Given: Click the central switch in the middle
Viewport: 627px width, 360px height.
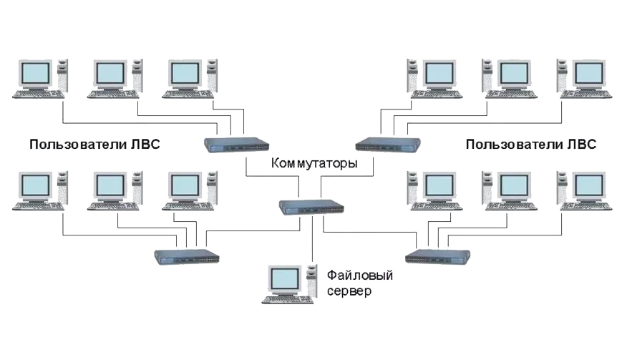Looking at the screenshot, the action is [311, 208].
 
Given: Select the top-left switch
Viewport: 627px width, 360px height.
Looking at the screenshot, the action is [236, 145].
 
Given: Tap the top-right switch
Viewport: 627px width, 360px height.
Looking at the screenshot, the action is [388, 145].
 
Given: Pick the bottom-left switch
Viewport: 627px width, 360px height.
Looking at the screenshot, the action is [187, 257].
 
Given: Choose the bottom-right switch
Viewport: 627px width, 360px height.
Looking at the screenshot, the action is [437, 256].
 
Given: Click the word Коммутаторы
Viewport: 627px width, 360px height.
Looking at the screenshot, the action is [314, 164].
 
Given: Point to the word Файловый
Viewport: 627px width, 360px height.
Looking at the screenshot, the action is [360, 276].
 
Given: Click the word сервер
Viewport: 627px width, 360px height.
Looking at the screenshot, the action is [349, 291].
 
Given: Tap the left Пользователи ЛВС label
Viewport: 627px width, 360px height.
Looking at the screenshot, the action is [94, 144].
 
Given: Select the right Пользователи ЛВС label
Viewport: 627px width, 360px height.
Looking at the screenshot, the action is [531, 144].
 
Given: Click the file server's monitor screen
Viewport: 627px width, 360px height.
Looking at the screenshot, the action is [285, 279].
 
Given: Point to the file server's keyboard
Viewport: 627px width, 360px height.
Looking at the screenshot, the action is [288, 300].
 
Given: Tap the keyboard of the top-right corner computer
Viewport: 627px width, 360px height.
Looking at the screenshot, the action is [585, 94].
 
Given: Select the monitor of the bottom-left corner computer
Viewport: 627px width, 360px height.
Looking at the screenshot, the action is [36, 187].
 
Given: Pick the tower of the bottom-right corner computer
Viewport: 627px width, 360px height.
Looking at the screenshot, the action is [563, 188].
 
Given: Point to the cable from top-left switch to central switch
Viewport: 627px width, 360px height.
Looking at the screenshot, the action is [272, 175].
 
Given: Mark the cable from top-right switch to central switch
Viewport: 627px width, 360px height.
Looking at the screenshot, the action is [347, 176].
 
